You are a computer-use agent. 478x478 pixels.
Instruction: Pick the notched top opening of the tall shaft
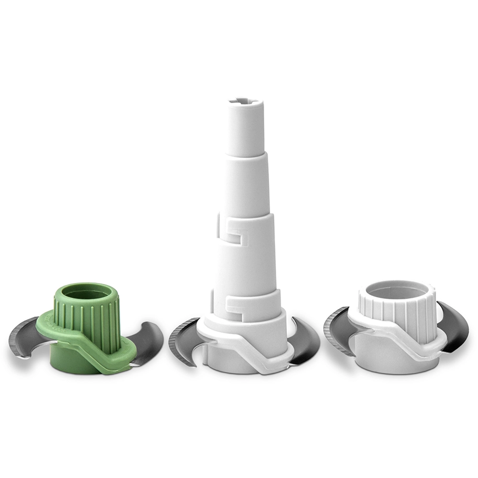tap(243, 101)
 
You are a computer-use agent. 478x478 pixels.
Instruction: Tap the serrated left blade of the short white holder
tap(337, 330)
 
